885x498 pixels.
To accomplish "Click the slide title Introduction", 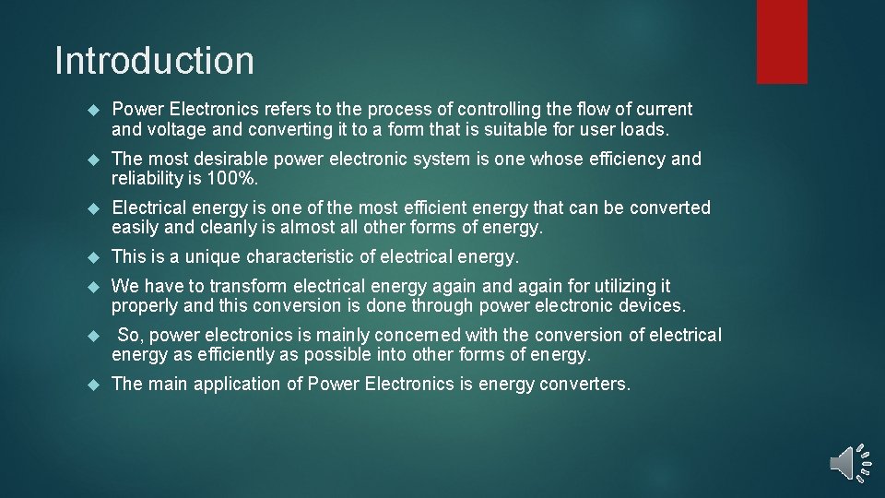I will coord(154,61).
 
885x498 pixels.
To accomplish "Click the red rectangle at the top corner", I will coord(782,41).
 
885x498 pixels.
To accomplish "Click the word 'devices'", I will coord(651,306).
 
